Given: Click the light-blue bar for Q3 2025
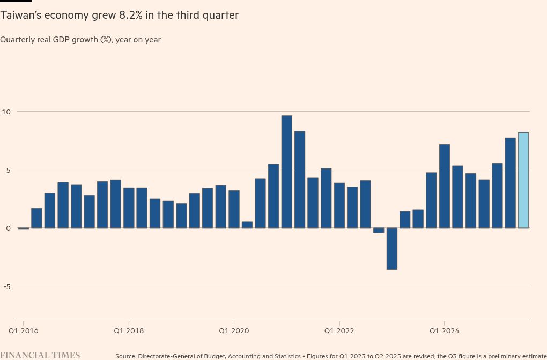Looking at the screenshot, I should (523, 180).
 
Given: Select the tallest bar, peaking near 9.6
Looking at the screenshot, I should (287, 172).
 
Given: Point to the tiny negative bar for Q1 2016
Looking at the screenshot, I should (24, 229).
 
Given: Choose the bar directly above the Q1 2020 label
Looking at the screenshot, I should (234, 209).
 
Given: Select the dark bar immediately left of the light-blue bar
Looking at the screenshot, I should (510, 183).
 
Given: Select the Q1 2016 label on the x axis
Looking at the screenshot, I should (24, 330).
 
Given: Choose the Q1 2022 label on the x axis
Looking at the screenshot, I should (339, 330).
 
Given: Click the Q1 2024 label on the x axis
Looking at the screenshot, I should (445, 330).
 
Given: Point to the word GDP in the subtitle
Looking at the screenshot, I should (80, 40).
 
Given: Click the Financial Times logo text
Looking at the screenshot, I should (40, 355).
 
